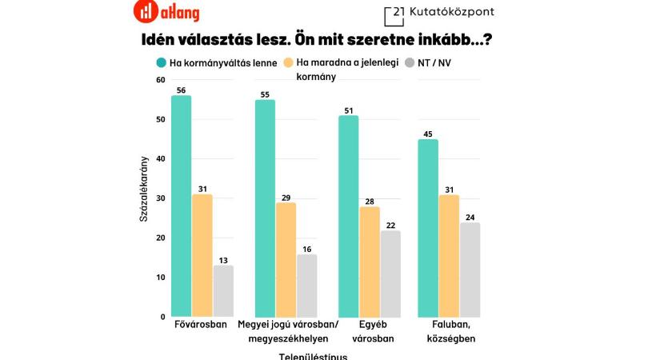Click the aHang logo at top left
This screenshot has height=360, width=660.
[x=166, y=12]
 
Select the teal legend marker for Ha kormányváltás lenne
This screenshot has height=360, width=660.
[x=161, y=62]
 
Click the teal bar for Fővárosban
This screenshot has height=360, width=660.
[x=181, y=206]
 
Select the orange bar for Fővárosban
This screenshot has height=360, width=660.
[x=202, y=255]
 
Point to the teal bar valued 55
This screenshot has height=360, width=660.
[x=265, y=208]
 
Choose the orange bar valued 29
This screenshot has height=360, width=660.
[x=286, y=259]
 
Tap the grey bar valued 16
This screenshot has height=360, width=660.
[x=307, y=285]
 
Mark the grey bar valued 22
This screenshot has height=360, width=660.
[x=390, y=273]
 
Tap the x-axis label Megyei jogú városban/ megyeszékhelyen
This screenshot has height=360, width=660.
[x=288, y=330]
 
